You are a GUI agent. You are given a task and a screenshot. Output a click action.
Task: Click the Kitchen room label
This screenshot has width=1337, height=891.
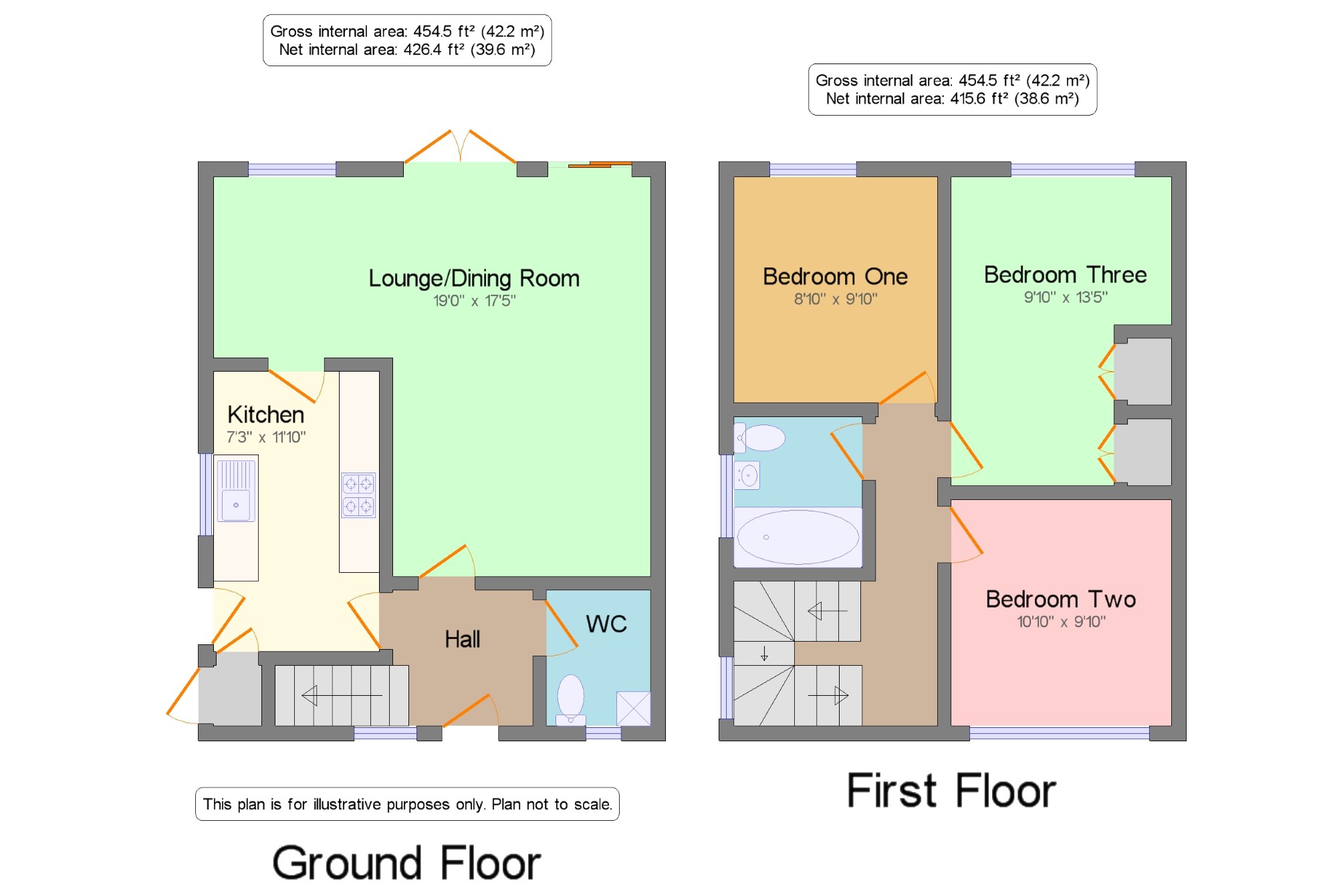pyautogui.click(x=265, y=414)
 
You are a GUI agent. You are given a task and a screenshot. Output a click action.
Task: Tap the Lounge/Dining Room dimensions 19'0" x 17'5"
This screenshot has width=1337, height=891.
pyautogui.click(x=474, y=301)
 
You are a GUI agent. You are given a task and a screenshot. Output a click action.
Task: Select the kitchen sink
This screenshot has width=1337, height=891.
pyautogui.click(x=236, y=491)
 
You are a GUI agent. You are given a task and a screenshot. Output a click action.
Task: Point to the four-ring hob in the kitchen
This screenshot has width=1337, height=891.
pyautogui.click(x=358, y=495)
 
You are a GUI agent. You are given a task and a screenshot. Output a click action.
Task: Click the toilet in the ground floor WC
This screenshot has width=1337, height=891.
pyautogui.click(x=571, y=698)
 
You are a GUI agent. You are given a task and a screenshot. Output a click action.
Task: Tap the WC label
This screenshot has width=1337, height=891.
pyautogui.click(x=606, y=624)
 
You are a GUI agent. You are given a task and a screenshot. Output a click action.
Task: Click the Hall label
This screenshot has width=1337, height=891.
pyautogui.click(x=462, y=639)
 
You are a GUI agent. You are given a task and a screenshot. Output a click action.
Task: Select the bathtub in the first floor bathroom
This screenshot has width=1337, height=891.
pyautogui.click(x=798, y=537)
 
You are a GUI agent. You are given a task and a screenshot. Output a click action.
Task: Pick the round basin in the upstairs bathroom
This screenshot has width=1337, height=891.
pyautogui.click(x=747, y=476)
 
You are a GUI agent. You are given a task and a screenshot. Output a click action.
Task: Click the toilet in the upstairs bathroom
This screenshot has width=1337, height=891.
pyautogui.click(x=759, y=438)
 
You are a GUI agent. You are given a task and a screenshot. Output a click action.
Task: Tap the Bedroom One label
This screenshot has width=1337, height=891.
pyautogui.click(x=835, y=276)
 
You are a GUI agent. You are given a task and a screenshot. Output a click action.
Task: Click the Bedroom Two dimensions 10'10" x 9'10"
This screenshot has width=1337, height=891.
pyautogui.click(x=1061, y=622)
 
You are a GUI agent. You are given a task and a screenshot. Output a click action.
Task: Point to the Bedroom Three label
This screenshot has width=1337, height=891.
pyautogui.click(x=1065, y=274)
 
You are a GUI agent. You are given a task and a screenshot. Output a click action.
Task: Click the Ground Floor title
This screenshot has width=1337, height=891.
pyautogui.click(x=406, y=863)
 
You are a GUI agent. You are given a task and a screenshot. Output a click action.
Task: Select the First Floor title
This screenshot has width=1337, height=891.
pyautogui.click(x=951, y=791)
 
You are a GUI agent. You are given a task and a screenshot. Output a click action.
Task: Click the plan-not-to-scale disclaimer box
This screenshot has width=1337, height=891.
pyautogui.click(x=407, y=804)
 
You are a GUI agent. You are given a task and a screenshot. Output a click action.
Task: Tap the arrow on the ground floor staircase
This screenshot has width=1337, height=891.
pyautogui.click(x=342, y=695)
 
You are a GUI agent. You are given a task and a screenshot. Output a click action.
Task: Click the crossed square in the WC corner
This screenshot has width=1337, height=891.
pyautogui.click(x=633, y=709)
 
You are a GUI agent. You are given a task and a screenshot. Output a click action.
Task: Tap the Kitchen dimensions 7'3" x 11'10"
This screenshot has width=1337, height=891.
pyautogui.click(x=266, y=437)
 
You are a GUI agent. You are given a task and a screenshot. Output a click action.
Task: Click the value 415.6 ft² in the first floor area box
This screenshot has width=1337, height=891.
pyautogui.click(x=977, y=98)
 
